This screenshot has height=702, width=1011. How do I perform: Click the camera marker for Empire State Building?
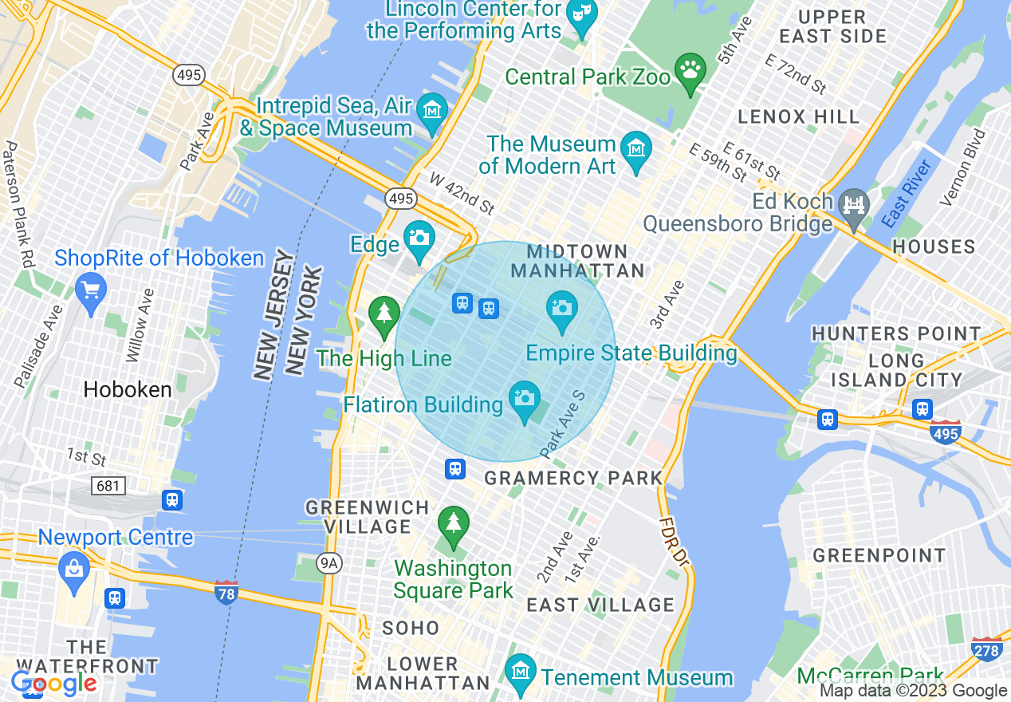[562, 308]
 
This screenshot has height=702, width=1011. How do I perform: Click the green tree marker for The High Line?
[384, 312]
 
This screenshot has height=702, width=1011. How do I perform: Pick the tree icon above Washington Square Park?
[454, 523]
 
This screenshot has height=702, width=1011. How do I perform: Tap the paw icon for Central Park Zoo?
[689, 69]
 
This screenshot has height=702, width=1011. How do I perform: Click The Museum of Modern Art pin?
[636, 149]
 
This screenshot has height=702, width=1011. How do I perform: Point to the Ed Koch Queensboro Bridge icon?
[854, 206]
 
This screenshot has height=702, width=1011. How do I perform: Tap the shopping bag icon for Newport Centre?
[73, 568]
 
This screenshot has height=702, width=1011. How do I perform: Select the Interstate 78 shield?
[226, 592]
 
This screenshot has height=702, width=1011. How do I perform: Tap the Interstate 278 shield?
[987, 649]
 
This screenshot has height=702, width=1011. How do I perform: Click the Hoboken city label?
[128, 390]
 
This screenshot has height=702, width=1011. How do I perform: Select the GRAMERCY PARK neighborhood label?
[573, 478]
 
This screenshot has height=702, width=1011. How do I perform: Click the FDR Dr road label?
[672, 542]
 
